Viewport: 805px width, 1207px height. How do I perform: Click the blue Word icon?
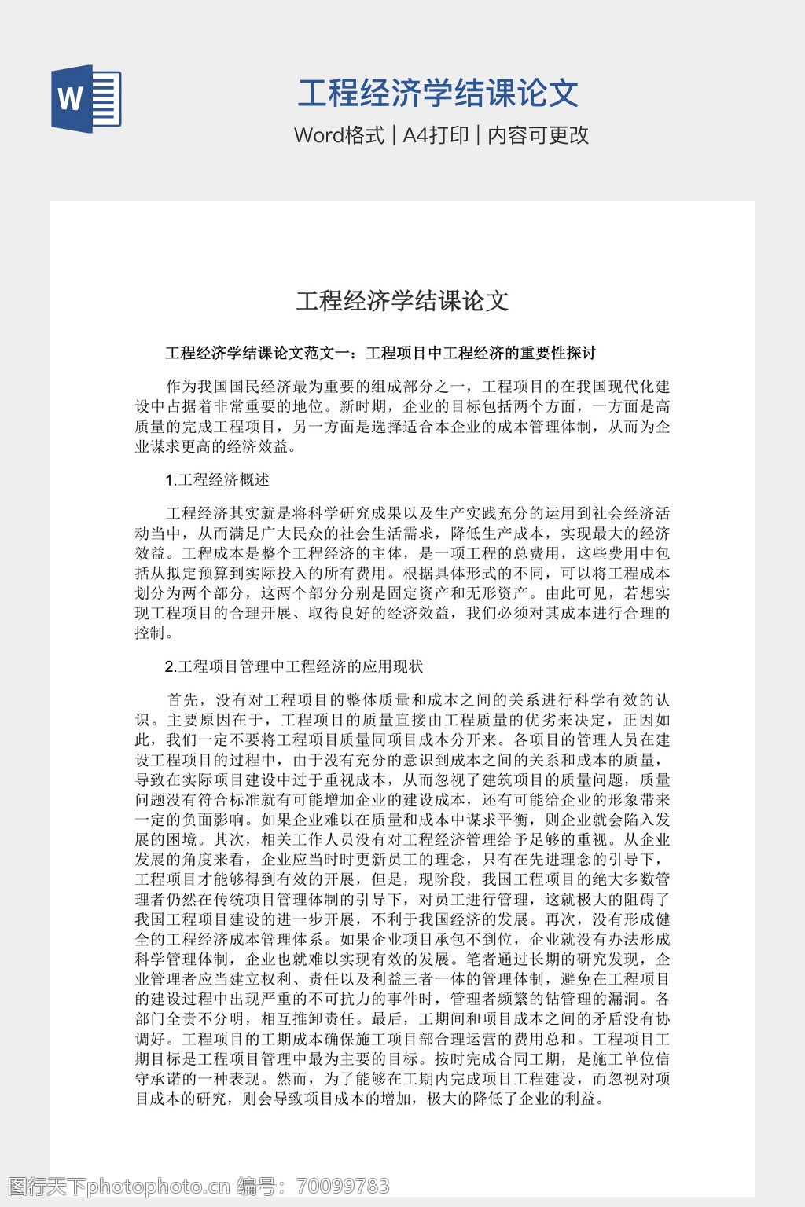click(86, 98)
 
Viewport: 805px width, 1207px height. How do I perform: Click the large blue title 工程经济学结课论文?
click(438, 93)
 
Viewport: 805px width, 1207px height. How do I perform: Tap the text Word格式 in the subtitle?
click(339, 135)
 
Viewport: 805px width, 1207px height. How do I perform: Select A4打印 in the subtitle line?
click(436, 135)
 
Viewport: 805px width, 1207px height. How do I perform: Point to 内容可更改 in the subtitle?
click(538, 135)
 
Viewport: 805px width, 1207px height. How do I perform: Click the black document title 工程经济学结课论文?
click(402, 300)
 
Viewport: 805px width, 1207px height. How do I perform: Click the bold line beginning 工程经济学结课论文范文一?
click(380, 353)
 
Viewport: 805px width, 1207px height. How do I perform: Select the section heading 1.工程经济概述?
click(217, 479)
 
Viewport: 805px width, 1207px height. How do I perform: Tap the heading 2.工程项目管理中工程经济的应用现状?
click(294, 666)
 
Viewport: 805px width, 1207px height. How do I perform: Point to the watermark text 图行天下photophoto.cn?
click(117, 1186)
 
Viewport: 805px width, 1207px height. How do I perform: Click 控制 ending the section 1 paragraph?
click(150, 633)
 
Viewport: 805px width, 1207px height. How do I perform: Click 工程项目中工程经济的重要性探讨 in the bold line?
click(481, 353)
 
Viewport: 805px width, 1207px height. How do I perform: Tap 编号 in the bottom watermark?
click(256, 1186)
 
